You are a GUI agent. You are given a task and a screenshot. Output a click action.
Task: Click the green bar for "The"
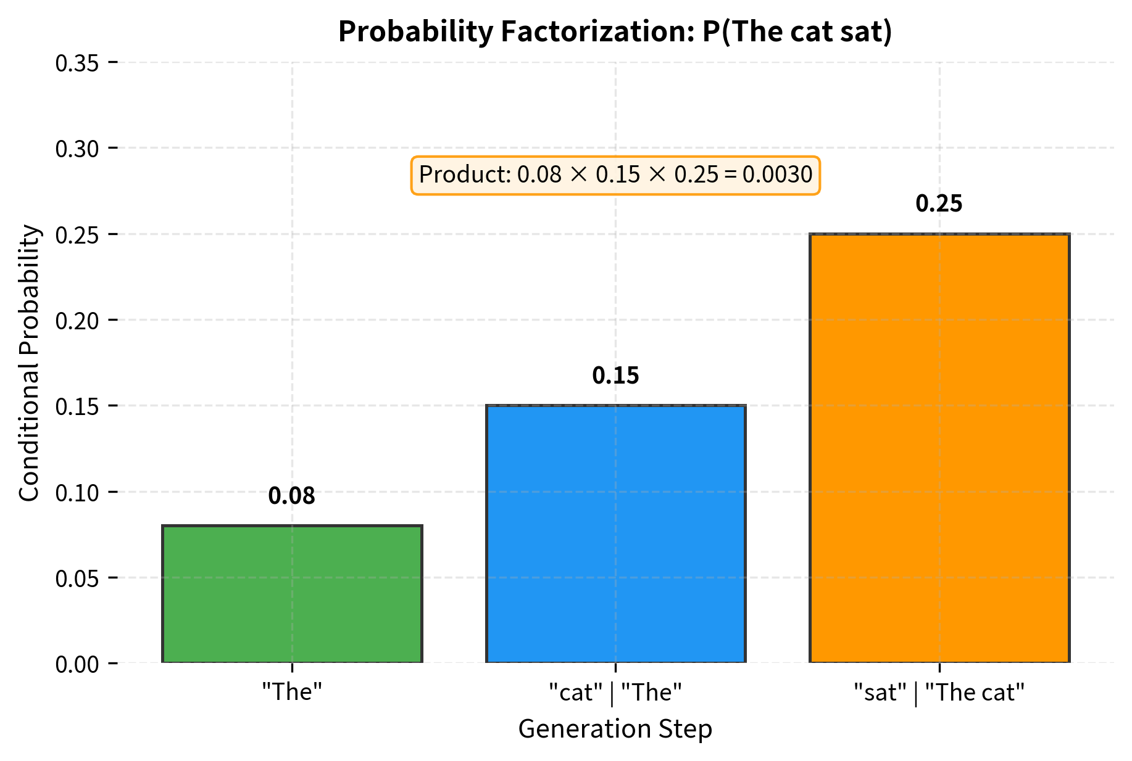[x=292, y=594]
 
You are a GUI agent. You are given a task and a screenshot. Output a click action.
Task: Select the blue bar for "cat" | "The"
[x=615, y=534]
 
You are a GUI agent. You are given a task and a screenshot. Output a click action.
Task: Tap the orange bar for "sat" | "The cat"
[x=939, y=448]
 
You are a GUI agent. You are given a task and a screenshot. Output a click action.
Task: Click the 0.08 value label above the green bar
[x=292, y=496]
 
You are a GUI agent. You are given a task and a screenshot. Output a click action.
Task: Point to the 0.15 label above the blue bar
[x=615, y=376]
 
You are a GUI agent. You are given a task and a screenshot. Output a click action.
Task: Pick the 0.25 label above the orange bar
[x=939, y=204]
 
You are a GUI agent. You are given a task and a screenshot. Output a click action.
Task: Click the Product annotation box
[x=615, y=176]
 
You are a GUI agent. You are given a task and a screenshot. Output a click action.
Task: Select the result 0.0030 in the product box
[x=777, y=176]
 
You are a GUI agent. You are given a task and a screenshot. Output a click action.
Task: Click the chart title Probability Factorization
[x=615, y=32]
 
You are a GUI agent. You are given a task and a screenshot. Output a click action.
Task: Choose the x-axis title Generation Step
[x=615, y=729]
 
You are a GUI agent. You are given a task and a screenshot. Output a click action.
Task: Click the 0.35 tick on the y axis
[x=78, y=63]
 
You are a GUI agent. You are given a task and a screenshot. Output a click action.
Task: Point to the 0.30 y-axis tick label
[x=78, y=149]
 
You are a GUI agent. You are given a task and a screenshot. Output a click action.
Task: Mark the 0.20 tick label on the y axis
[x=78, y=321]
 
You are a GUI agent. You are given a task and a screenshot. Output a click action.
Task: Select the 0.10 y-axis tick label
[x=78, y=493]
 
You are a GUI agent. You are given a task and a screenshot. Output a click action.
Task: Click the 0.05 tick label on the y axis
[x=78, y=578]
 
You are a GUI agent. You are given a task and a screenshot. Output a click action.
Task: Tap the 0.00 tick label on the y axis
[x=78, y=664]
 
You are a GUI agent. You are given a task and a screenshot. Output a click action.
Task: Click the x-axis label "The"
[x=292, y=693]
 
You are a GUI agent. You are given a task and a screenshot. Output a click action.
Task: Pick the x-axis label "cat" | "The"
[x=615, y=693]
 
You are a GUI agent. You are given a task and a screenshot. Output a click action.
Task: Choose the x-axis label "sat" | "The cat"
[x=939, y=693]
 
